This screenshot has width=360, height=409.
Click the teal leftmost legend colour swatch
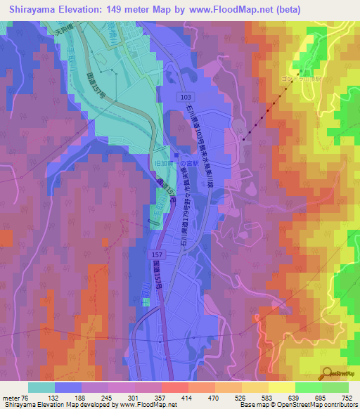tap(41, 387)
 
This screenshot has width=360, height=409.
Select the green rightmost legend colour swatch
tap(335, 387)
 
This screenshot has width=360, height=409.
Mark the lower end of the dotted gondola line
tap(243, 140)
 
